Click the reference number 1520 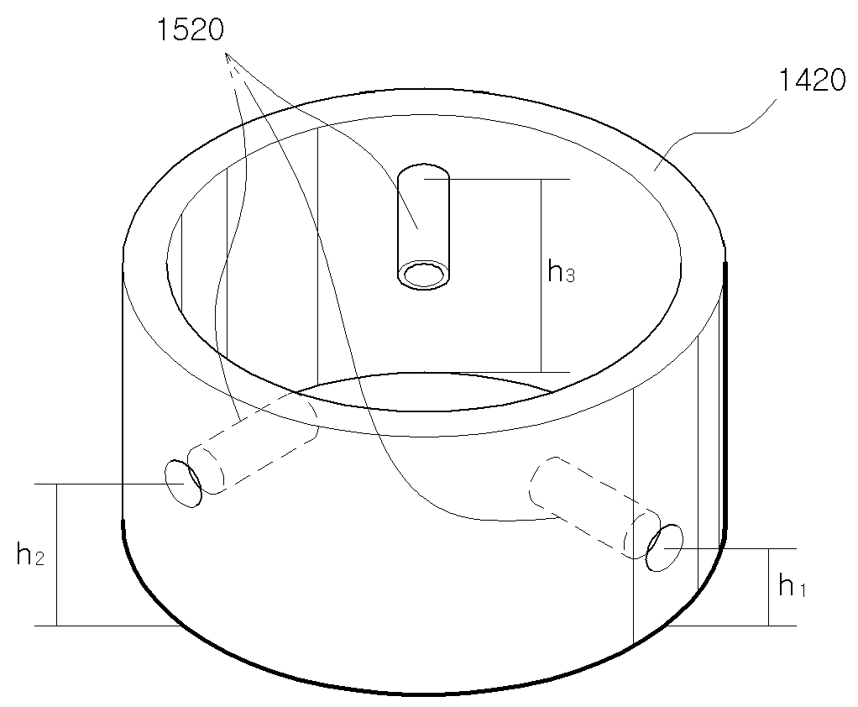click(x=191, y=29)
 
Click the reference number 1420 click(x=812, y=80)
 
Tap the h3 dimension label click(x=562, y=271)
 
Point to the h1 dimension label click(x=792, y=585)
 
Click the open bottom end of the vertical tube click(x=423, y=275)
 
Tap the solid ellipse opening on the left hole click(x=183, y=484)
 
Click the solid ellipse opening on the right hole click(x=664, y=547)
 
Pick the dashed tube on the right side click(x=594, y=508)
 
